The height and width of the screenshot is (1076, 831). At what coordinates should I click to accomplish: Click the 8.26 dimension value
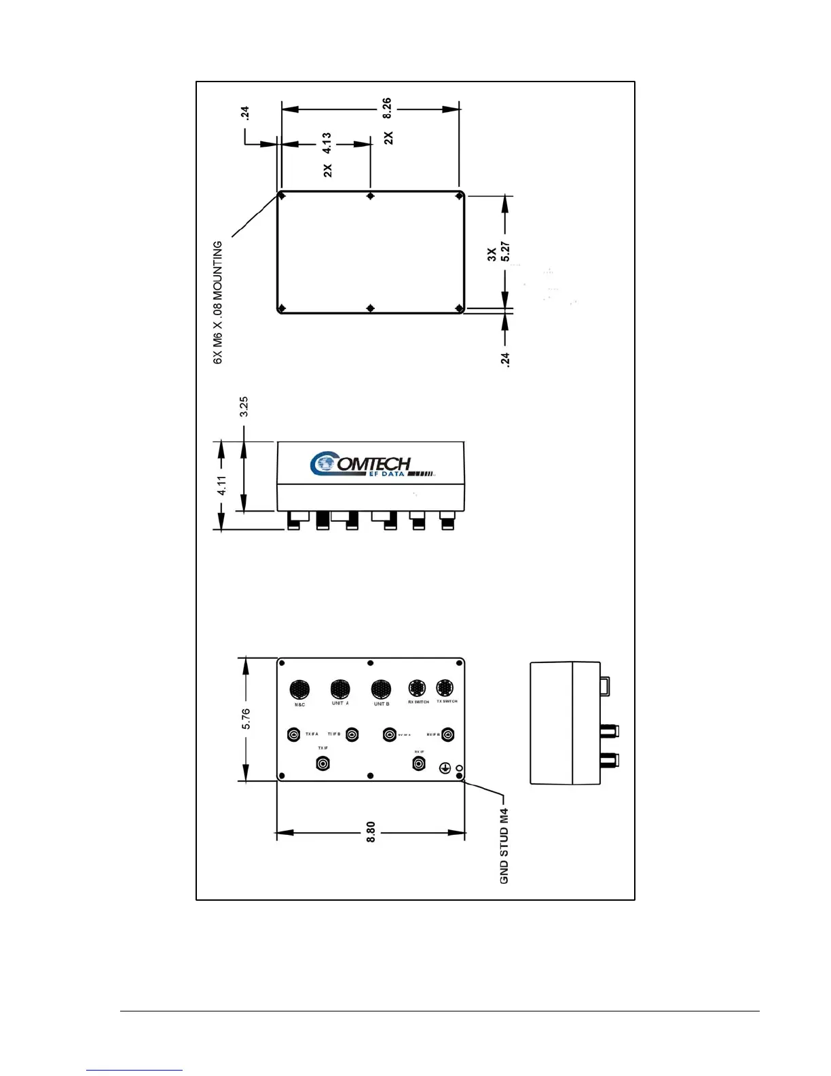pos(386,108)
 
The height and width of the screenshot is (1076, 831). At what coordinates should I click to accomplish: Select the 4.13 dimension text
pos(327,144)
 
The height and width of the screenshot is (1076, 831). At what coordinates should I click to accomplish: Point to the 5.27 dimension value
pos(505,253)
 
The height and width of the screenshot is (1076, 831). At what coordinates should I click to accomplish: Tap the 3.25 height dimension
pos(244,406)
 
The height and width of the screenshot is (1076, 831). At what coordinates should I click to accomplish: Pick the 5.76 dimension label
pos(246,719)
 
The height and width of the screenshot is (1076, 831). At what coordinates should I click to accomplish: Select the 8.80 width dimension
pos(371,832)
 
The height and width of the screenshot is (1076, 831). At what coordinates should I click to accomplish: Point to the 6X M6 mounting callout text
pos(218,302)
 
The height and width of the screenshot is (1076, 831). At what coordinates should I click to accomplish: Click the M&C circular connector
pos(299,689)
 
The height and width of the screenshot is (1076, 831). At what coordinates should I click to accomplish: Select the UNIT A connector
pos(340,689)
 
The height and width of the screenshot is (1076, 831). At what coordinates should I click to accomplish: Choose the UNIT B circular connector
pos(381,689)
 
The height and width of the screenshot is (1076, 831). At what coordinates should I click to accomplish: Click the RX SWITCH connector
pos(418,687)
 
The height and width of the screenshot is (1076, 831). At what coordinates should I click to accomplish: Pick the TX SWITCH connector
pos(445,687)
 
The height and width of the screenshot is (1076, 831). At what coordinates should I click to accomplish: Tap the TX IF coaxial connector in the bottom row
pos(323,764)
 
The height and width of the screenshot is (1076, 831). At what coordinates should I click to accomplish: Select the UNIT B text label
pos(382,704)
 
